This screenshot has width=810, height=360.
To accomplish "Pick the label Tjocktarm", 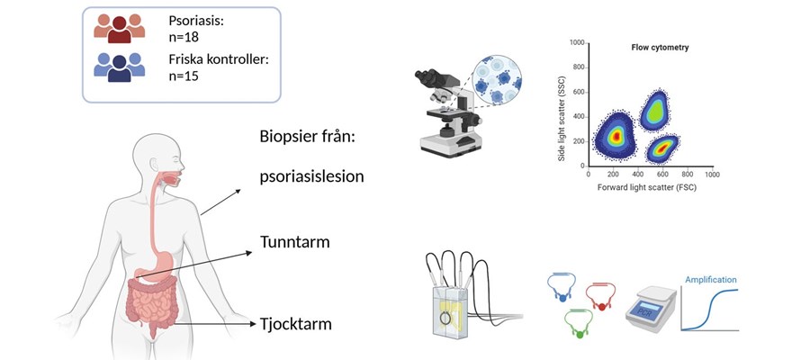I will [x=296, y=323].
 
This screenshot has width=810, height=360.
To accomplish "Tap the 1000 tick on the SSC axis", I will [x=576, y=42].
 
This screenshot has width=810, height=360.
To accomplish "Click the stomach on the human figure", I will [x=149, y=266].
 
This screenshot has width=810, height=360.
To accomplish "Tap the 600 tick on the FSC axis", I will [x=661, y=175].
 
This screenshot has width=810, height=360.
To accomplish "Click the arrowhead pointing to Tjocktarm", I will [x=247, y=323].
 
